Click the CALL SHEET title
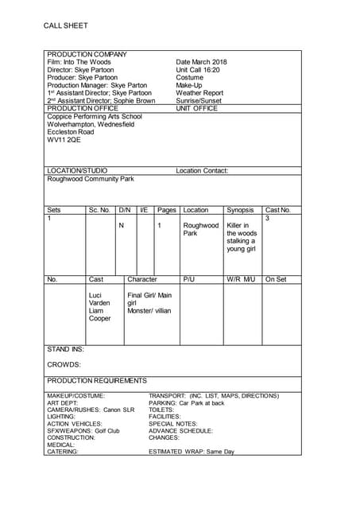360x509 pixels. (x=66, y=25)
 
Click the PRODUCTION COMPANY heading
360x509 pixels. (x=87, y=54)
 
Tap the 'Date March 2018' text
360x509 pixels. (x=201, y=62)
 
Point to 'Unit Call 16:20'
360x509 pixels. (x=198, y=70)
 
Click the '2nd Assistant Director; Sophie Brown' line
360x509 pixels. (x=101, y=101)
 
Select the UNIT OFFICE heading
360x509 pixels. (x=196, y=109)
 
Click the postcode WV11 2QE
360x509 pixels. (x=64, y=140)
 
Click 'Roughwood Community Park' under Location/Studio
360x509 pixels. (x=91, y=179)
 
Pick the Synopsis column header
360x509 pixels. (x=240, y=210)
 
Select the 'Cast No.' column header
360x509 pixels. (x=278, y=210)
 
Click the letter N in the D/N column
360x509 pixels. (x=122, y=226)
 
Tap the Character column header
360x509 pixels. (x=142, y=279)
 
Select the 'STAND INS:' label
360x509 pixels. (x=66, y=349)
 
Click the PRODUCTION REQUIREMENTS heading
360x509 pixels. (x=97, y=381)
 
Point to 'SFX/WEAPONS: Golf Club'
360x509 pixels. (x=83, y=430)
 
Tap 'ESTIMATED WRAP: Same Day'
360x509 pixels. (x=192, y=452)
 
